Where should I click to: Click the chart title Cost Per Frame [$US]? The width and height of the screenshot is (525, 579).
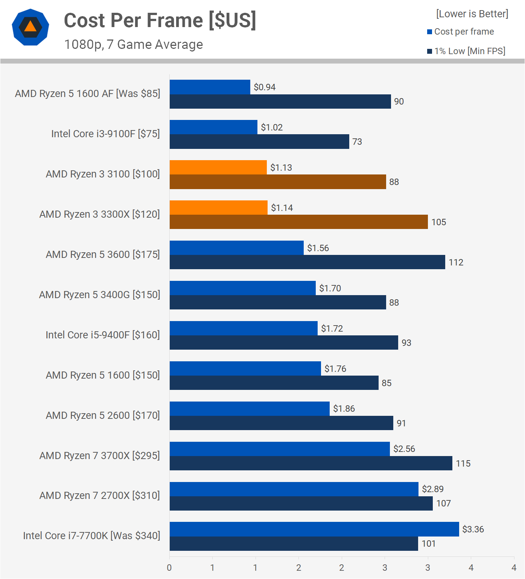click(160, 20)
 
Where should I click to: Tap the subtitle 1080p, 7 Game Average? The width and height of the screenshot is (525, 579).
click(134, 44)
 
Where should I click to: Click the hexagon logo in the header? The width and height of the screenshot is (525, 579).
click(30, 27)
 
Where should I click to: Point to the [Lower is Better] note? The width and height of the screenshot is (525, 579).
click(472, 14)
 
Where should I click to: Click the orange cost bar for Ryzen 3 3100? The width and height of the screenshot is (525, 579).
click(218, 167)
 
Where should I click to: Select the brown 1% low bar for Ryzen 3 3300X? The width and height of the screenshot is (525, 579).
click(298, 222)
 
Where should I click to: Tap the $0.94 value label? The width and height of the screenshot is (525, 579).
click(265, 87)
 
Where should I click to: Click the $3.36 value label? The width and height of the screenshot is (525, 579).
click(473, 529)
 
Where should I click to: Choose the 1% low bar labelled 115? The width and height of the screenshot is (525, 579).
click(311, 463)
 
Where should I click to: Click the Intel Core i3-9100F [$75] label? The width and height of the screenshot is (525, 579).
click(105, 134)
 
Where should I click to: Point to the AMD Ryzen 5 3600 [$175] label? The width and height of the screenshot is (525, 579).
click(103, 255)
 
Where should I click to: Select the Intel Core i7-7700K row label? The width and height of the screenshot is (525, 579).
click(91, 536)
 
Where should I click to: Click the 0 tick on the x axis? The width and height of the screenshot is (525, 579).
click(169, 568)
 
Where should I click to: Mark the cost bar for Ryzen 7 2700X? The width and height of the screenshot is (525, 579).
click(294, 489)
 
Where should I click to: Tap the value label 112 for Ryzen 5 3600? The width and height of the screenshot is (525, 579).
click(456, 262)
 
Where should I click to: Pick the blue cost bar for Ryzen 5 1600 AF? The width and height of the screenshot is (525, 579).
click(210, 87)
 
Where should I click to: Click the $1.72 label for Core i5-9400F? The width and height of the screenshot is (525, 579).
click(332, 329)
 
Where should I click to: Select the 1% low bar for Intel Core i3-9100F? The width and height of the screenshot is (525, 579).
click(259, 142)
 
